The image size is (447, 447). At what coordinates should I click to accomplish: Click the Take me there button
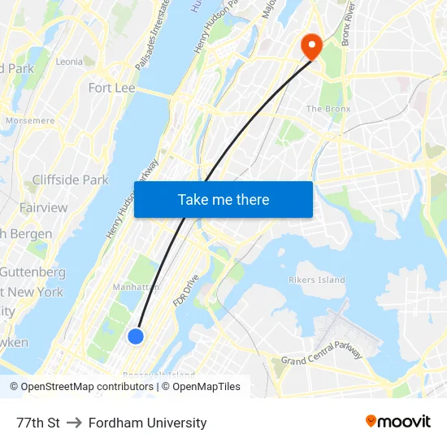[223, 200]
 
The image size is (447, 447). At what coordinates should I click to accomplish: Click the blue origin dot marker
[136, 336]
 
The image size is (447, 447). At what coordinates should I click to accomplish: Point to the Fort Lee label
[111, 88]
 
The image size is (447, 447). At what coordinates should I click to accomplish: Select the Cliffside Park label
[70, 180]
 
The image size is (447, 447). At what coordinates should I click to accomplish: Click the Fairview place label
[43, 207]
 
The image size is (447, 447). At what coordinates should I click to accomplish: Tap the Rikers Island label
[317, 280]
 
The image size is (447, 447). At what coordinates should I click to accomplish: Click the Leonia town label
[69, 62]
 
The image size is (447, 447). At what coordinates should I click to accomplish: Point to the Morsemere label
[30, 120]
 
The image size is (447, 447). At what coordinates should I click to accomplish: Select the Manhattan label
[136, 287]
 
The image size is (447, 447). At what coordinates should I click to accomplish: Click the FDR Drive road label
[185, 290]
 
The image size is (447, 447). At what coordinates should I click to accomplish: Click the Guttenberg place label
[33, 271]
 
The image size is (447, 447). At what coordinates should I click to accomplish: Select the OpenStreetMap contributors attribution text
[83, 387]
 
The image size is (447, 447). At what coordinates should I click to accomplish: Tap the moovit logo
[397, 421]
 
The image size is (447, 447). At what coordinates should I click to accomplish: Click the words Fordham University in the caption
[147, 423]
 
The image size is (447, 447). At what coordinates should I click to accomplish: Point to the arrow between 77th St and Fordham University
[74, 423]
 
